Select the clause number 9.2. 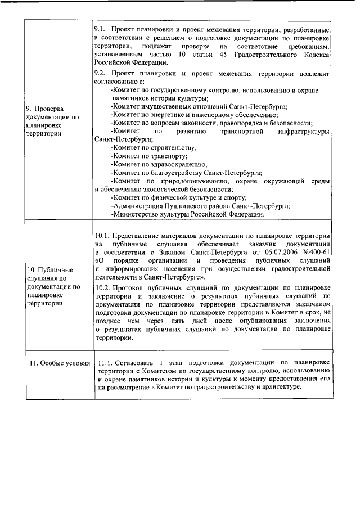point(100,74)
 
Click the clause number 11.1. point(106,363)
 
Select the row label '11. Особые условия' point(60,363)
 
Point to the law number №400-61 point(315,253)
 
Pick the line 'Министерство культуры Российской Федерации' point(187,214)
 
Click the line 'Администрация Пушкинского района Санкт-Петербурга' point(200,206)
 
